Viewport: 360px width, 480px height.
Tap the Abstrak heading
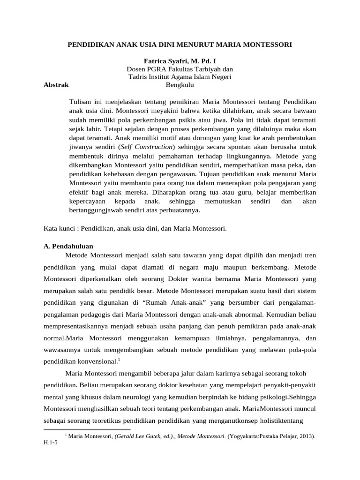coord(56,85)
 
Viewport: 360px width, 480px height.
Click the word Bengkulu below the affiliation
coord(180,85)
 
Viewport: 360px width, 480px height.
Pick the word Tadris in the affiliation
coord(138,77)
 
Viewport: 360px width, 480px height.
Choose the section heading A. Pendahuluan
coord(68,246)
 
